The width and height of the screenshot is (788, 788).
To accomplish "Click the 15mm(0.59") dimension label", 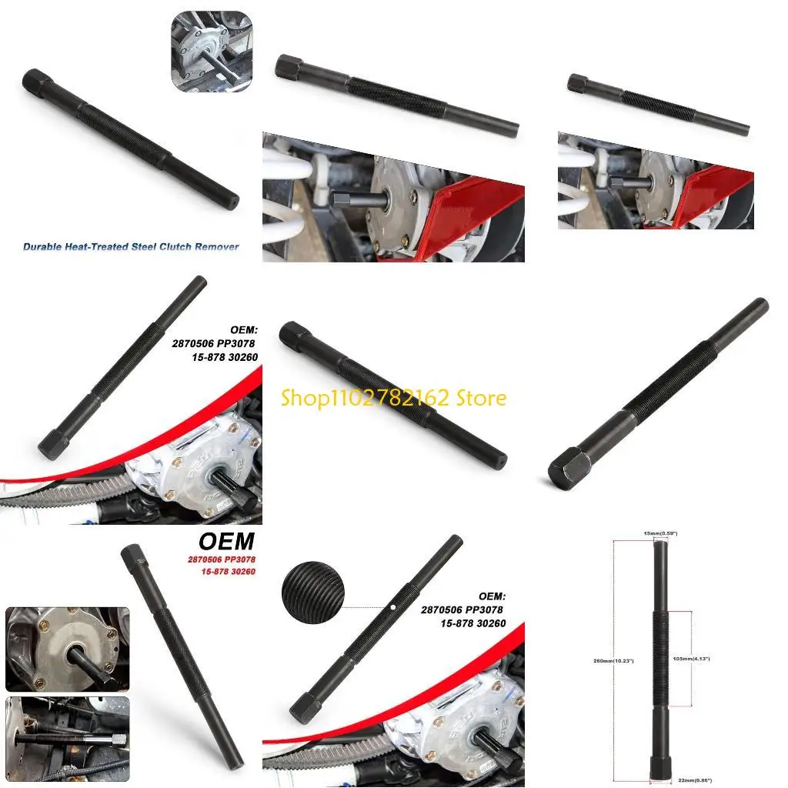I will (660, 533).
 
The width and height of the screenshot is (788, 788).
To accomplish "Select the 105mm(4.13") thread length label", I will (713, 659).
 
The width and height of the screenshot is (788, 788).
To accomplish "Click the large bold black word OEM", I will (227, 542).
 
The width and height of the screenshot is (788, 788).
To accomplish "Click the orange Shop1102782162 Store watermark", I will (393, 398).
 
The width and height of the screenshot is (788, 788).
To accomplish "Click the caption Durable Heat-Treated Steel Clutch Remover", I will (131, 247).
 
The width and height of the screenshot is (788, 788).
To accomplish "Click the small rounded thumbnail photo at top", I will (211, 52).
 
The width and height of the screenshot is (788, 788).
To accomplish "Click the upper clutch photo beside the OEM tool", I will (67, 649).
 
